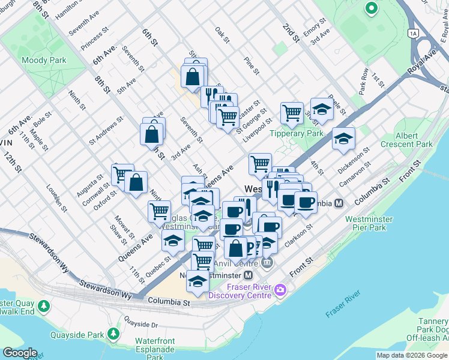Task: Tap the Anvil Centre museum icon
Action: click(267, 262)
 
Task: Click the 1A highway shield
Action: click(412, 33)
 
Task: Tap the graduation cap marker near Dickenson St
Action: click(343, 139)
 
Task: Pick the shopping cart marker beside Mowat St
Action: click(159, 211)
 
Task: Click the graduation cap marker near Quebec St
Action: click(173, 241)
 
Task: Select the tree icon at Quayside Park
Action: click(113, 334)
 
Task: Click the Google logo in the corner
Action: click(19, 353)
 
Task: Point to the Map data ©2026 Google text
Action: click(411, 355)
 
